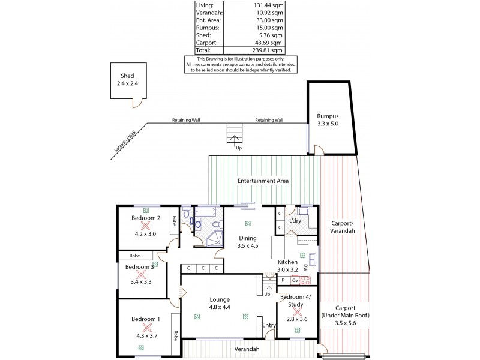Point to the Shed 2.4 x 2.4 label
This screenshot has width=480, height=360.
pyautogui.click(x=127, y=80)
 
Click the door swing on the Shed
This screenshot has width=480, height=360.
pyautogui.click(x=137, y=104)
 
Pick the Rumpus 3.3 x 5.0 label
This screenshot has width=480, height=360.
pyautogui.click(x=328, y=120)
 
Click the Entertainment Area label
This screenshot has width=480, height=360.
pyautogui.click(x=263, y=181)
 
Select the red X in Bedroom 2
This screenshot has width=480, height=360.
pyautogui.click(x=145, y=226)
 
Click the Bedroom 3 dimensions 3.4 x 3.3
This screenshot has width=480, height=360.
pyautogui.click(x=142, y=281)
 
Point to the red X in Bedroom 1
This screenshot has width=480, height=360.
pyautogui.click(x=145, y=328)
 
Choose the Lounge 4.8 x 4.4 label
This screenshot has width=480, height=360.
pyautogui.click(x=221, y=303)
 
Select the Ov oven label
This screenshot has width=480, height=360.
pyautogui.click(x=295, y=280)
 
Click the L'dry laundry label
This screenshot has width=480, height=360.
pyautogui.click(x=295, y=221)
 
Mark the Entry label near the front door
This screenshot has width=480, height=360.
pyautogui.click(x=269, y=326)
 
